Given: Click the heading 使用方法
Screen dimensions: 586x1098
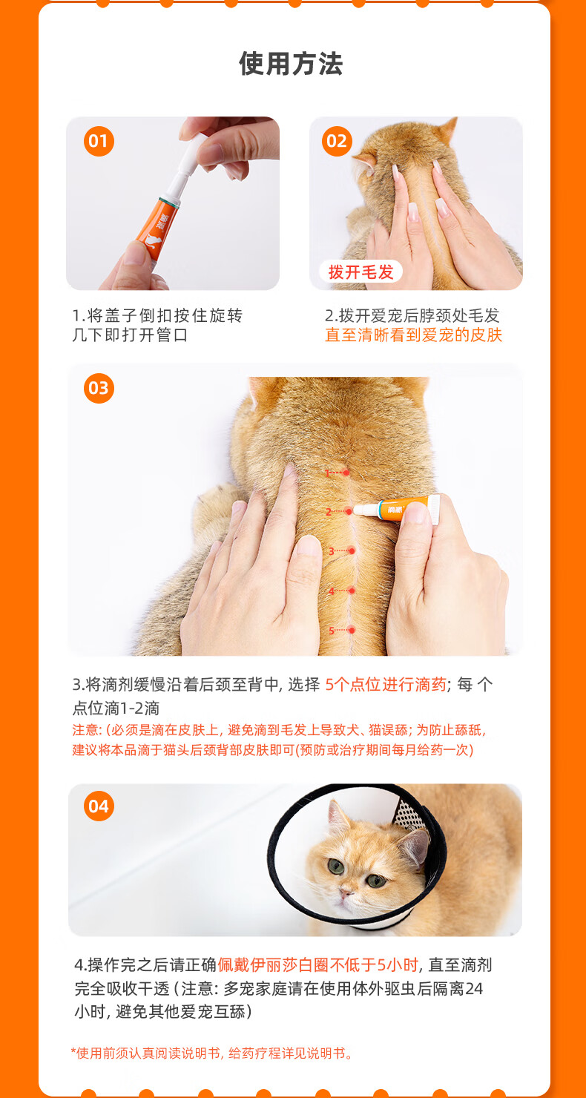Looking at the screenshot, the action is pyautogui.click(x=291, y=64).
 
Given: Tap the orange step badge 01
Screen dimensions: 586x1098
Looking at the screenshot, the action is pyautogui.click(x=99, y=141).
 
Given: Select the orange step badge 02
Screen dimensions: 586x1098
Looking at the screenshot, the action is pyautogui.click(x=337, y=141).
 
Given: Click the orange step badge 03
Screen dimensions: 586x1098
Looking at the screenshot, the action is pyautogui.click(x=99, y=388).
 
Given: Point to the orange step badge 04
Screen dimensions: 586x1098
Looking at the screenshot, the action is pyautogui.click(x=99, y=806).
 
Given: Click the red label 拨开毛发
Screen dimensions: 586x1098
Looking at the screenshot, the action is pyautogui.click(x=361, y=272).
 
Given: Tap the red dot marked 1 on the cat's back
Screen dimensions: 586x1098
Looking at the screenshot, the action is pyautogui.click(x=346, y=473).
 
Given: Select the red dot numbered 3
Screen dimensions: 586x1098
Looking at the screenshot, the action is pyautogui.click(x=352, y=551).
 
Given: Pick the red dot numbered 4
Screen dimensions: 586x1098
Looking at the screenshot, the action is pyautogui.click(x=352, y=591).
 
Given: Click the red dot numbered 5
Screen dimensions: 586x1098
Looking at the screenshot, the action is pyautogui.click(x=352, y=630).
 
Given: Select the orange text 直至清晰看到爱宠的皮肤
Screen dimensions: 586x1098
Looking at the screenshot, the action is pyautogui.click(x=413, y=335).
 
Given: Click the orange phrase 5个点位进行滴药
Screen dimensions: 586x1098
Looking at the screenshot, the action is pyautogui.click(x=386, y=684).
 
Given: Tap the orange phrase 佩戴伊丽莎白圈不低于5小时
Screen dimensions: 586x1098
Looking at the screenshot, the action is pyautogui.click(x=318, y=964).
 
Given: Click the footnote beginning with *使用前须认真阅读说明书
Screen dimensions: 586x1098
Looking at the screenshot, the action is pyautogui.click(x=212, y=1053).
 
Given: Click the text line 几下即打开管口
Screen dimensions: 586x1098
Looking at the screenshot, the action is pyautogui.click(x=131, y=335).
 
